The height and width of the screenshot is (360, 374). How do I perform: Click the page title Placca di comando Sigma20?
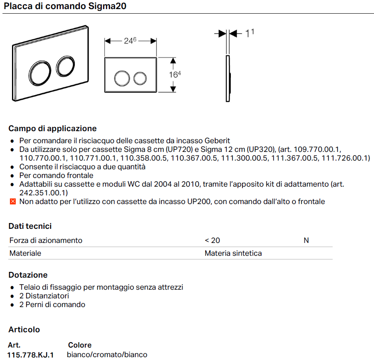tap(65, 6)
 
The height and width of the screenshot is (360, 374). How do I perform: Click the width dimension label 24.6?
tap(130, 41)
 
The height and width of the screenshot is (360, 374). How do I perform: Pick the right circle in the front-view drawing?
tap(140, 78)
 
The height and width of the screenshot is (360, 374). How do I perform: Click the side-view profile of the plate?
tap(228, 78)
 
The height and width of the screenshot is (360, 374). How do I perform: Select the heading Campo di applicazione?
tap(53, 128)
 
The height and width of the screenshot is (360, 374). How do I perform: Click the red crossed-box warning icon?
tap(12, 202)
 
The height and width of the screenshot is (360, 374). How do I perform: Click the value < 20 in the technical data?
tap(212, 240)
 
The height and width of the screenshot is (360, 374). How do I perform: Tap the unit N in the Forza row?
tap(306, 240)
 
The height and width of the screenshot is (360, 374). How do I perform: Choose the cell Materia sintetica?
tap(233, 253)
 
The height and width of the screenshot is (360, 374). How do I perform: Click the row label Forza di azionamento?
tap(46, 240)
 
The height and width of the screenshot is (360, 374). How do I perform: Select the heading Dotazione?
tap(28, 275)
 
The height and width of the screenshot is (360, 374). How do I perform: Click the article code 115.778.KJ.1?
tap(31, 355)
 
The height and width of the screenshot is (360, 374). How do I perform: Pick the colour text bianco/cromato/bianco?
tap(107, 355)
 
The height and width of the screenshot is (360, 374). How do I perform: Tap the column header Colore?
tap(80, 345)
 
